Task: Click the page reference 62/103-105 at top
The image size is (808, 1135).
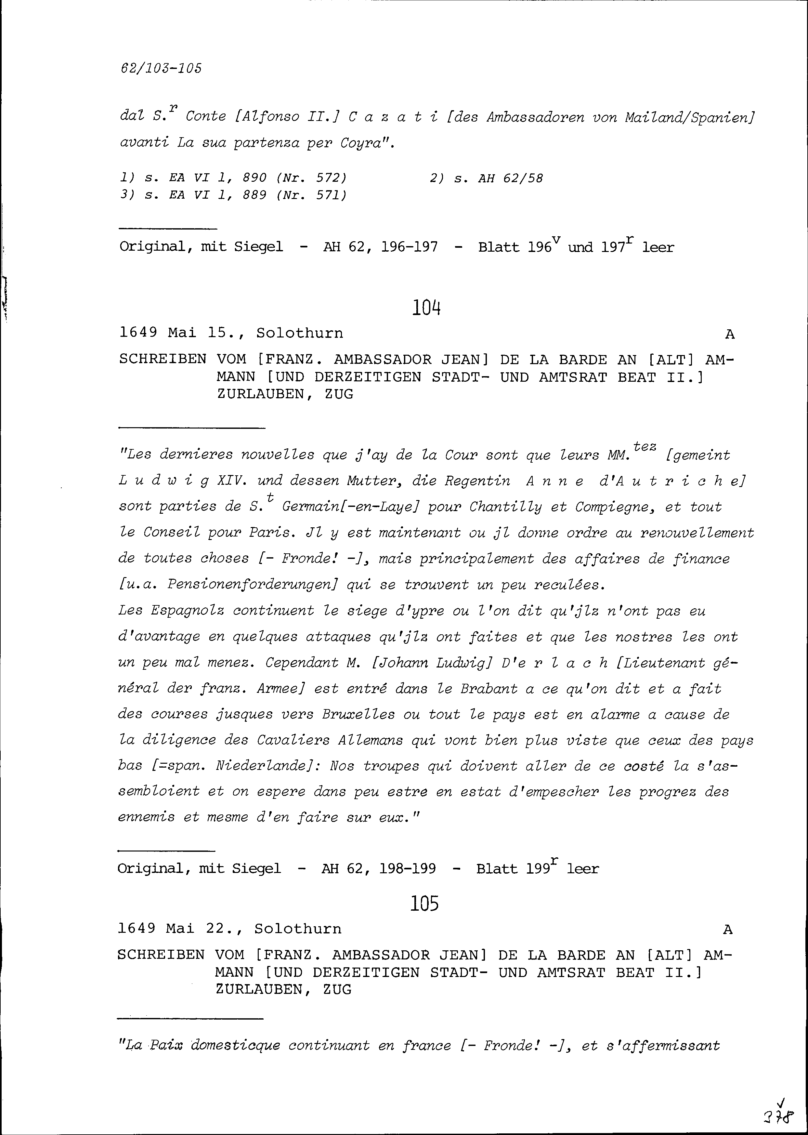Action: [161, 68]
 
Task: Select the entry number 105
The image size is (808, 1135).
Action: [424, 903]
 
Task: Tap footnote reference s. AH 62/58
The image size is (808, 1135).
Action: [498, 178]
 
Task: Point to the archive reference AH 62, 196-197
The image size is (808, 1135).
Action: [380, 247]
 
